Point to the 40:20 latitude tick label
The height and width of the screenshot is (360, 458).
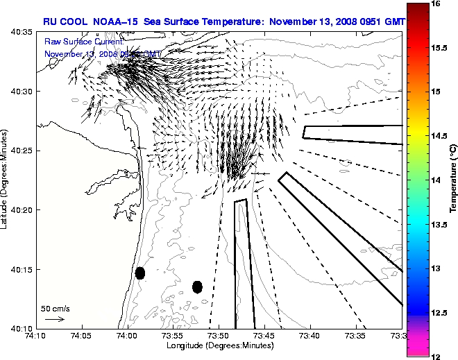(23, 209)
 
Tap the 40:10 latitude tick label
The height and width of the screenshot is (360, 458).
(23, 328)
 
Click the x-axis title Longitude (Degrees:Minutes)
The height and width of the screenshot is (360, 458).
(218, 345)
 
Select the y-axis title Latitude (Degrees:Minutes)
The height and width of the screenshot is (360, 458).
(6, 179)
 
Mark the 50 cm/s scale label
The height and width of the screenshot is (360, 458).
(56, 308)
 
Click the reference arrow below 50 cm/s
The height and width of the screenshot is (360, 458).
(55, 319)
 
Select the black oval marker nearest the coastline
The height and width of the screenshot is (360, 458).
(140, 273)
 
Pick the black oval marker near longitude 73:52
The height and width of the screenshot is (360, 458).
(197, 286)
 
